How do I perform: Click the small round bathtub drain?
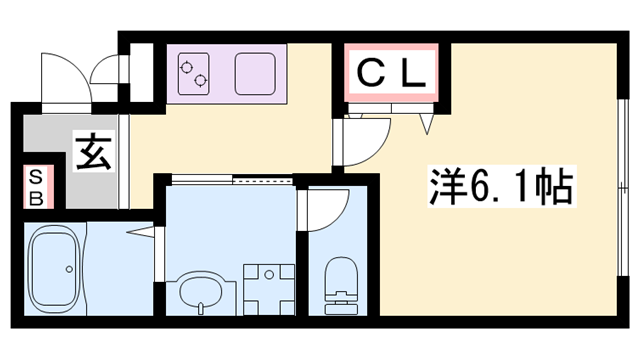point(68,268)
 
